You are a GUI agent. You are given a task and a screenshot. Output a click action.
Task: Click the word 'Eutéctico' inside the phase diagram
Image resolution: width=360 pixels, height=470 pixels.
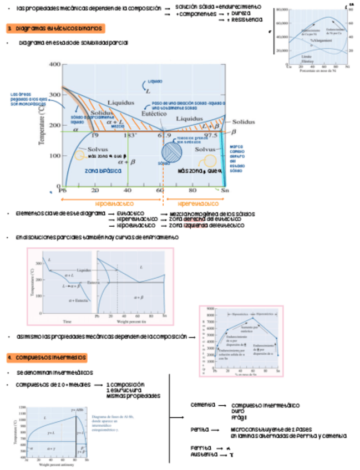(150, 113)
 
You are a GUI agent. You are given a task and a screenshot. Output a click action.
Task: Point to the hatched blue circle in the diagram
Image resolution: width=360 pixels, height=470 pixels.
(172, 151)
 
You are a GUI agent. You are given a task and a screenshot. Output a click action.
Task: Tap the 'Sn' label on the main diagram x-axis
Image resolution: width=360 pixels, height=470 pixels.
(225, 190)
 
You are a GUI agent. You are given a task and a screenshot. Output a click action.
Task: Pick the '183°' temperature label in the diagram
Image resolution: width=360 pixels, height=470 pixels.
(131, 135)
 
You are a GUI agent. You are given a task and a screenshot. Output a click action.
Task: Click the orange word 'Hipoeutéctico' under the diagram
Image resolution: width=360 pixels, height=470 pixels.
(113, 203)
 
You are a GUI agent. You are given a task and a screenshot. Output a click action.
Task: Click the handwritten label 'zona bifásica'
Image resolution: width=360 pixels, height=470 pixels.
(103, 171)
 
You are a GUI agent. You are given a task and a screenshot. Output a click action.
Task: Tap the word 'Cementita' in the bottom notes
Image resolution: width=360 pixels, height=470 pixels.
(202, 405)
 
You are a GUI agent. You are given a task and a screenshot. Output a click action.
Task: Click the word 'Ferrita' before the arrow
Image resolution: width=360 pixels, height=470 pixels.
(200, 447)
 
